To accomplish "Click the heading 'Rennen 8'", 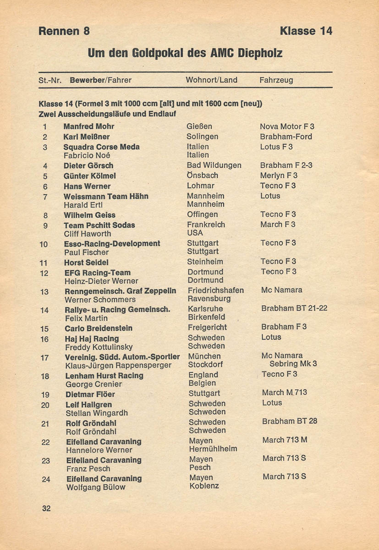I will tap(64, 31).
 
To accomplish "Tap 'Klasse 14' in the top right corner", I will tap(306, 31).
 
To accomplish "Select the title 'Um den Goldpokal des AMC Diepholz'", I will tap(185, 53).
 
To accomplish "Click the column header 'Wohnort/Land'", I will tap(211, 80).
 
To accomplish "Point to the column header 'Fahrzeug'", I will tap(276, 80).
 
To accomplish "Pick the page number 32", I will tap(46, 508).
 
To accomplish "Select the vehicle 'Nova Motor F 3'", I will tap(287, 126).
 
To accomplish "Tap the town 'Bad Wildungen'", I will tap(214, 165).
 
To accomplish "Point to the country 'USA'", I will tap(195, 233).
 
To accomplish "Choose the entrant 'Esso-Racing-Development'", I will tap(112, 243).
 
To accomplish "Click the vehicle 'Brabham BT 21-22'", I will tap(294, 308).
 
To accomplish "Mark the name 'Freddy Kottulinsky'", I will tap(99, 347).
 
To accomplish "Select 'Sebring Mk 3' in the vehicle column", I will tap(293, 363).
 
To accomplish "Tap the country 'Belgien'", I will tap(202, 383).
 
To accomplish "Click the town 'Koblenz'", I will tap(204, 486).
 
